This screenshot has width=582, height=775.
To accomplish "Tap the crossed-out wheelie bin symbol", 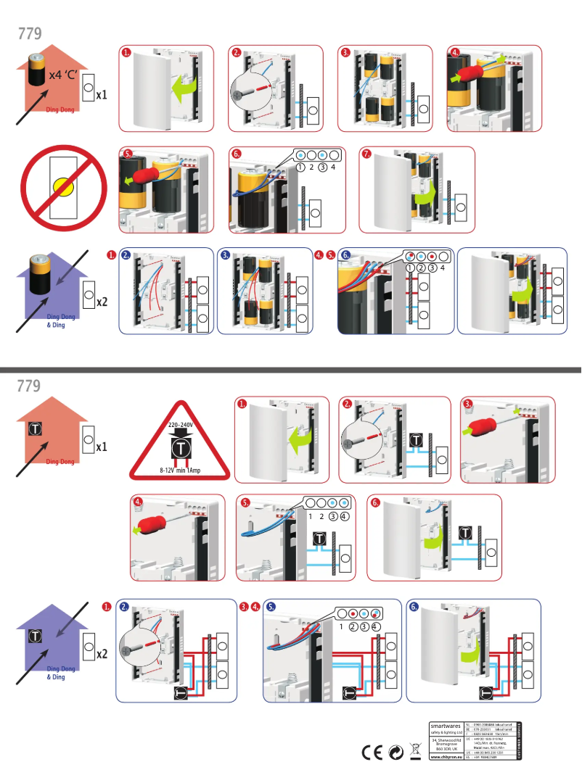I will pyautogui.click(x=415, y=753).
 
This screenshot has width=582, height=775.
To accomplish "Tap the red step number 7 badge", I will pyautogui.click(x=367, y=154).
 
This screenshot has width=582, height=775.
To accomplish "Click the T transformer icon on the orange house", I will pyautogui.click(x=33, y=428).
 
